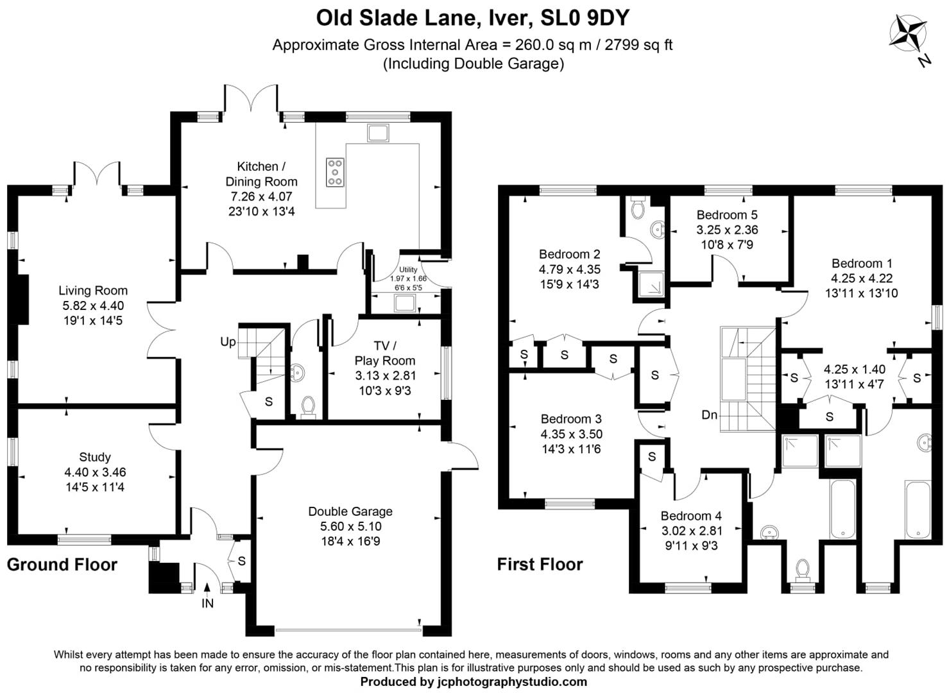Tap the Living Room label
[x=93, y=291]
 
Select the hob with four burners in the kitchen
[x=334, y=172]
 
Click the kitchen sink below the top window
[x=378, y=133]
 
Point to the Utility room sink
[x=405, y=303]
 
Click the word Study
[x=95, y=457]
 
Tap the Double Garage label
[x=350, y=511]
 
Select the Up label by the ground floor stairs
[x=228, y=342]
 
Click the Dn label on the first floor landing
[x=709, y=415]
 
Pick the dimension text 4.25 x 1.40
[x=855, y=370]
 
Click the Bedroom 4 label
[x=691, y=516]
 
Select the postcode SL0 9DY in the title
[x=586, y=18]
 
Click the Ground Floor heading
[x=62, y=565]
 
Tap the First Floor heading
[x=540, y=565]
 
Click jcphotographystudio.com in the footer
[x=512, y=681]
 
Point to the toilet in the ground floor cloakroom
[x=308, y=406]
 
